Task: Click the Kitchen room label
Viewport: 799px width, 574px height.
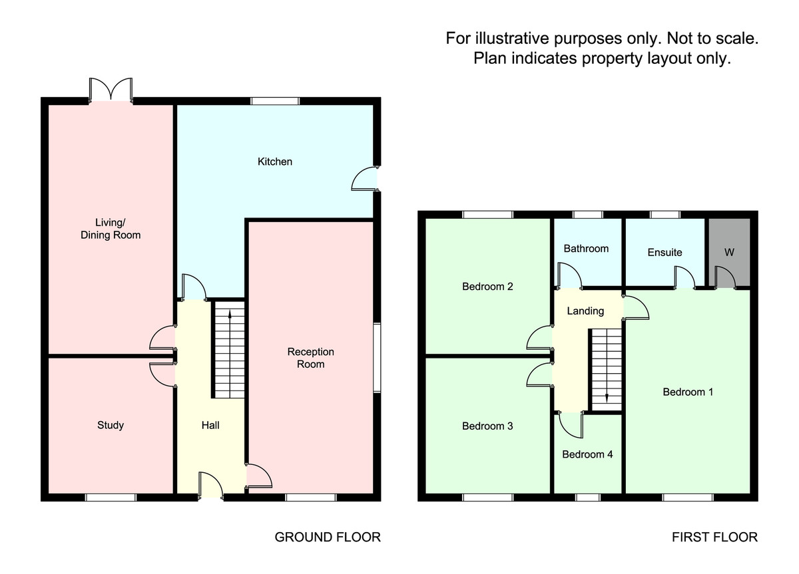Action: pyautogui.click(x=275, y=162)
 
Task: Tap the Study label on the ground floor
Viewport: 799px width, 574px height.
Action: pyautogui.click(x=111, y=425)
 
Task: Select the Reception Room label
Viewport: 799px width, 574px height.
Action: pyautogui.click(x=310, y=358)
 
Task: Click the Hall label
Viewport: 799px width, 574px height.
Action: pyautogui.click(x=210, y=425)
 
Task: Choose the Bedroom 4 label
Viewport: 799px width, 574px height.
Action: pyautogui.click(x=587, y=455)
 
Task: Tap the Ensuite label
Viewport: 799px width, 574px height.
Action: pyautogui.click(x=665, y=252)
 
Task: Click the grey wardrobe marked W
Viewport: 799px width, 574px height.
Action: pyautogui.click(x=729, y=252)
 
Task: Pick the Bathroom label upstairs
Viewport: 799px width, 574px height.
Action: pyautogui.click(x=586, y=249)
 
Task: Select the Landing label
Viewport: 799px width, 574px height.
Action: pyautogui.click(x=585, y=311)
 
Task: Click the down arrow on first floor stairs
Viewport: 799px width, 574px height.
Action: pyautogui.click(x=607, y=397)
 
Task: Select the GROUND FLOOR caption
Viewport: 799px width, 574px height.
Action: pyautogui.click(x=328, y=537)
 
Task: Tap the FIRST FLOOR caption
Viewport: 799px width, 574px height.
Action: pyautogui.click(x=714, y=537)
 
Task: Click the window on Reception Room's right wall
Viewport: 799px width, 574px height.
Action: pyautogui.click(x=376, y=358)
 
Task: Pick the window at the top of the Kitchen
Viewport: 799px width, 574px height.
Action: pyautogui.click(x=275, y=101)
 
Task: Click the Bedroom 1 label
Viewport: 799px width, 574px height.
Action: pyautogui.click(x=688, y=392)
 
